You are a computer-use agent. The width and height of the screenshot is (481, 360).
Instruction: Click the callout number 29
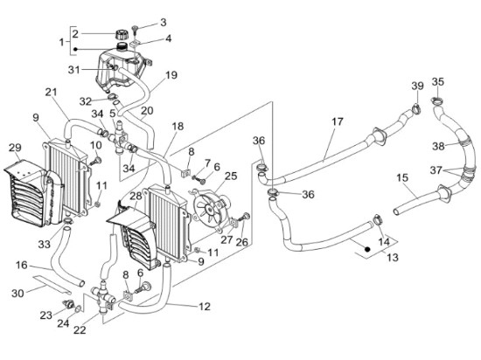(x=15, y=148)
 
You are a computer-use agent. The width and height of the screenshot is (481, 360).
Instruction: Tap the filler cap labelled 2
(x=122, y=34)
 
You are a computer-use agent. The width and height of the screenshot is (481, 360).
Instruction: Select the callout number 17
(x=337, y=121)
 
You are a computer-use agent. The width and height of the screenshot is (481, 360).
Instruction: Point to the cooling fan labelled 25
(x=211, y=208)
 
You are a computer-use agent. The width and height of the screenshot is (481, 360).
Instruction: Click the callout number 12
(x=205, y=307)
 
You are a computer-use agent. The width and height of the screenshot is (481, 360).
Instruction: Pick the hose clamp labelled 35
(x=437, y=100)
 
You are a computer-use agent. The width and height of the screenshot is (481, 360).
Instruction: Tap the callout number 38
(x=438, y=146)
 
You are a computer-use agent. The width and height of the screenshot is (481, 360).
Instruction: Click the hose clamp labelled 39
(x=416, y=108)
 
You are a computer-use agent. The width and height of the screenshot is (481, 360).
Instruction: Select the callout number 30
(x=17, y=294)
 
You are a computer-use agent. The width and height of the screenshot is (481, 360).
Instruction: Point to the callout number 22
(x=80, y=330)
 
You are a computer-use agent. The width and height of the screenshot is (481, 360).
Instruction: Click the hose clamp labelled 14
(x=377, y=220)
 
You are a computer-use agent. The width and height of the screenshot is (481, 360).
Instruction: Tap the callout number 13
(x=393, y=257)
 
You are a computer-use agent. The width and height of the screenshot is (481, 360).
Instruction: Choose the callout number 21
(x=52, y=92)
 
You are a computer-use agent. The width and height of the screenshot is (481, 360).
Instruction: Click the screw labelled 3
(x=136, y=30)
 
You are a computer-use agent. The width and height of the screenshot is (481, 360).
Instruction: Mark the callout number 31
(x=74, y=70)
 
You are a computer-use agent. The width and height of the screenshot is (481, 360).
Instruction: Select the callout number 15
(x=402, y=177)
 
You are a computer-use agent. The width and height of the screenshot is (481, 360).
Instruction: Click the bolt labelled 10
(x=95, y=162)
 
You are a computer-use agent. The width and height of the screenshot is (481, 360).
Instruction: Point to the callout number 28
(x=136, y=196)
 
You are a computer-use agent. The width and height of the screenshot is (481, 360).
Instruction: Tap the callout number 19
(x=171, y=75)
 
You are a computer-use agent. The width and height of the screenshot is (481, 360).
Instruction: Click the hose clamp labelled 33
(x=68, y=220)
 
